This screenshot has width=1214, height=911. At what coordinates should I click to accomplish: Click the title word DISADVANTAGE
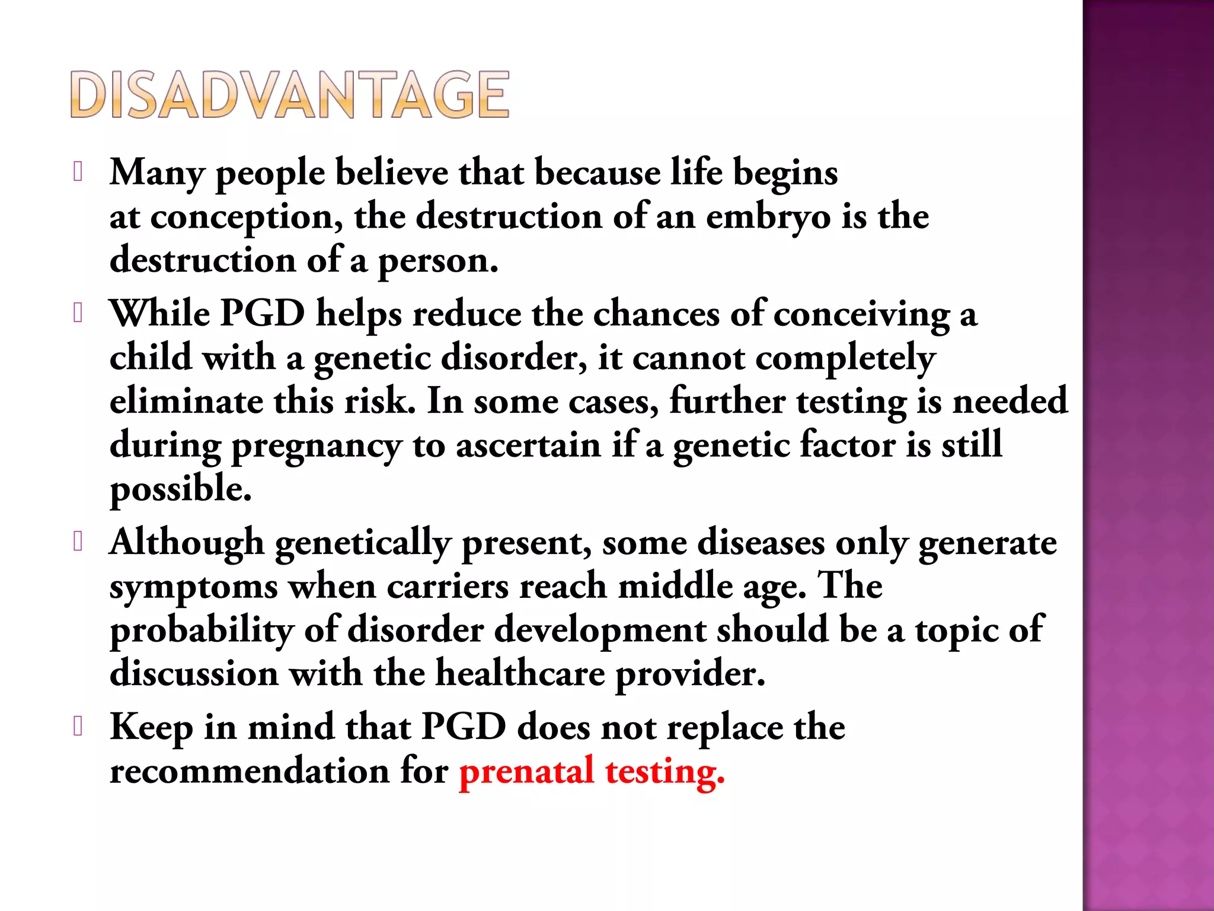click(289, 95)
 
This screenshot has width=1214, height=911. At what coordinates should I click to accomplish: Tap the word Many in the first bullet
click(157, 173)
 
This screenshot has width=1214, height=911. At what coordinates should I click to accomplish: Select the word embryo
click(768, 217)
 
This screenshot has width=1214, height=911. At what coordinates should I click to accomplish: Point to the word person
click(437, 262)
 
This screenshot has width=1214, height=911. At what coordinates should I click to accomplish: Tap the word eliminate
click(186, 402)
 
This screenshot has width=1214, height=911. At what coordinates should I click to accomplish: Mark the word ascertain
click(528, 445)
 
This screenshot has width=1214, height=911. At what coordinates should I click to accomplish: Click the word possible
click(181, 490)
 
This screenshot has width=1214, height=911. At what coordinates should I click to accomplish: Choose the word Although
click(187, 543)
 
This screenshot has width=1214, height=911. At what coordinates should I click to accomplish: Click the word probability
click(202, 631)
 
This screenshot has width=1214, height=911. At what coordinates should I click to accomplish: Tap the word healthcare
click(520, 674)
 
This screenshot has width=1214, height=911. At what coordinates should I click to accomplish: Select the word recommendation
click(250, 772)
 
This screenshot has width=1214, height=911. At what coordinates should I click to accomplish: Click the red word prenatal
click(526, 772)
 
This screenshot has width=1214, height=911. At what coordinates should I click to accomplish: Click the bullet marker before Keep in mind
click(77, 727)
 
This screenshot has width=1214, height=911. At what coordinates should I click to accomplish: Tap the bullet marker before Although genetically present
click(77, 541)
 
